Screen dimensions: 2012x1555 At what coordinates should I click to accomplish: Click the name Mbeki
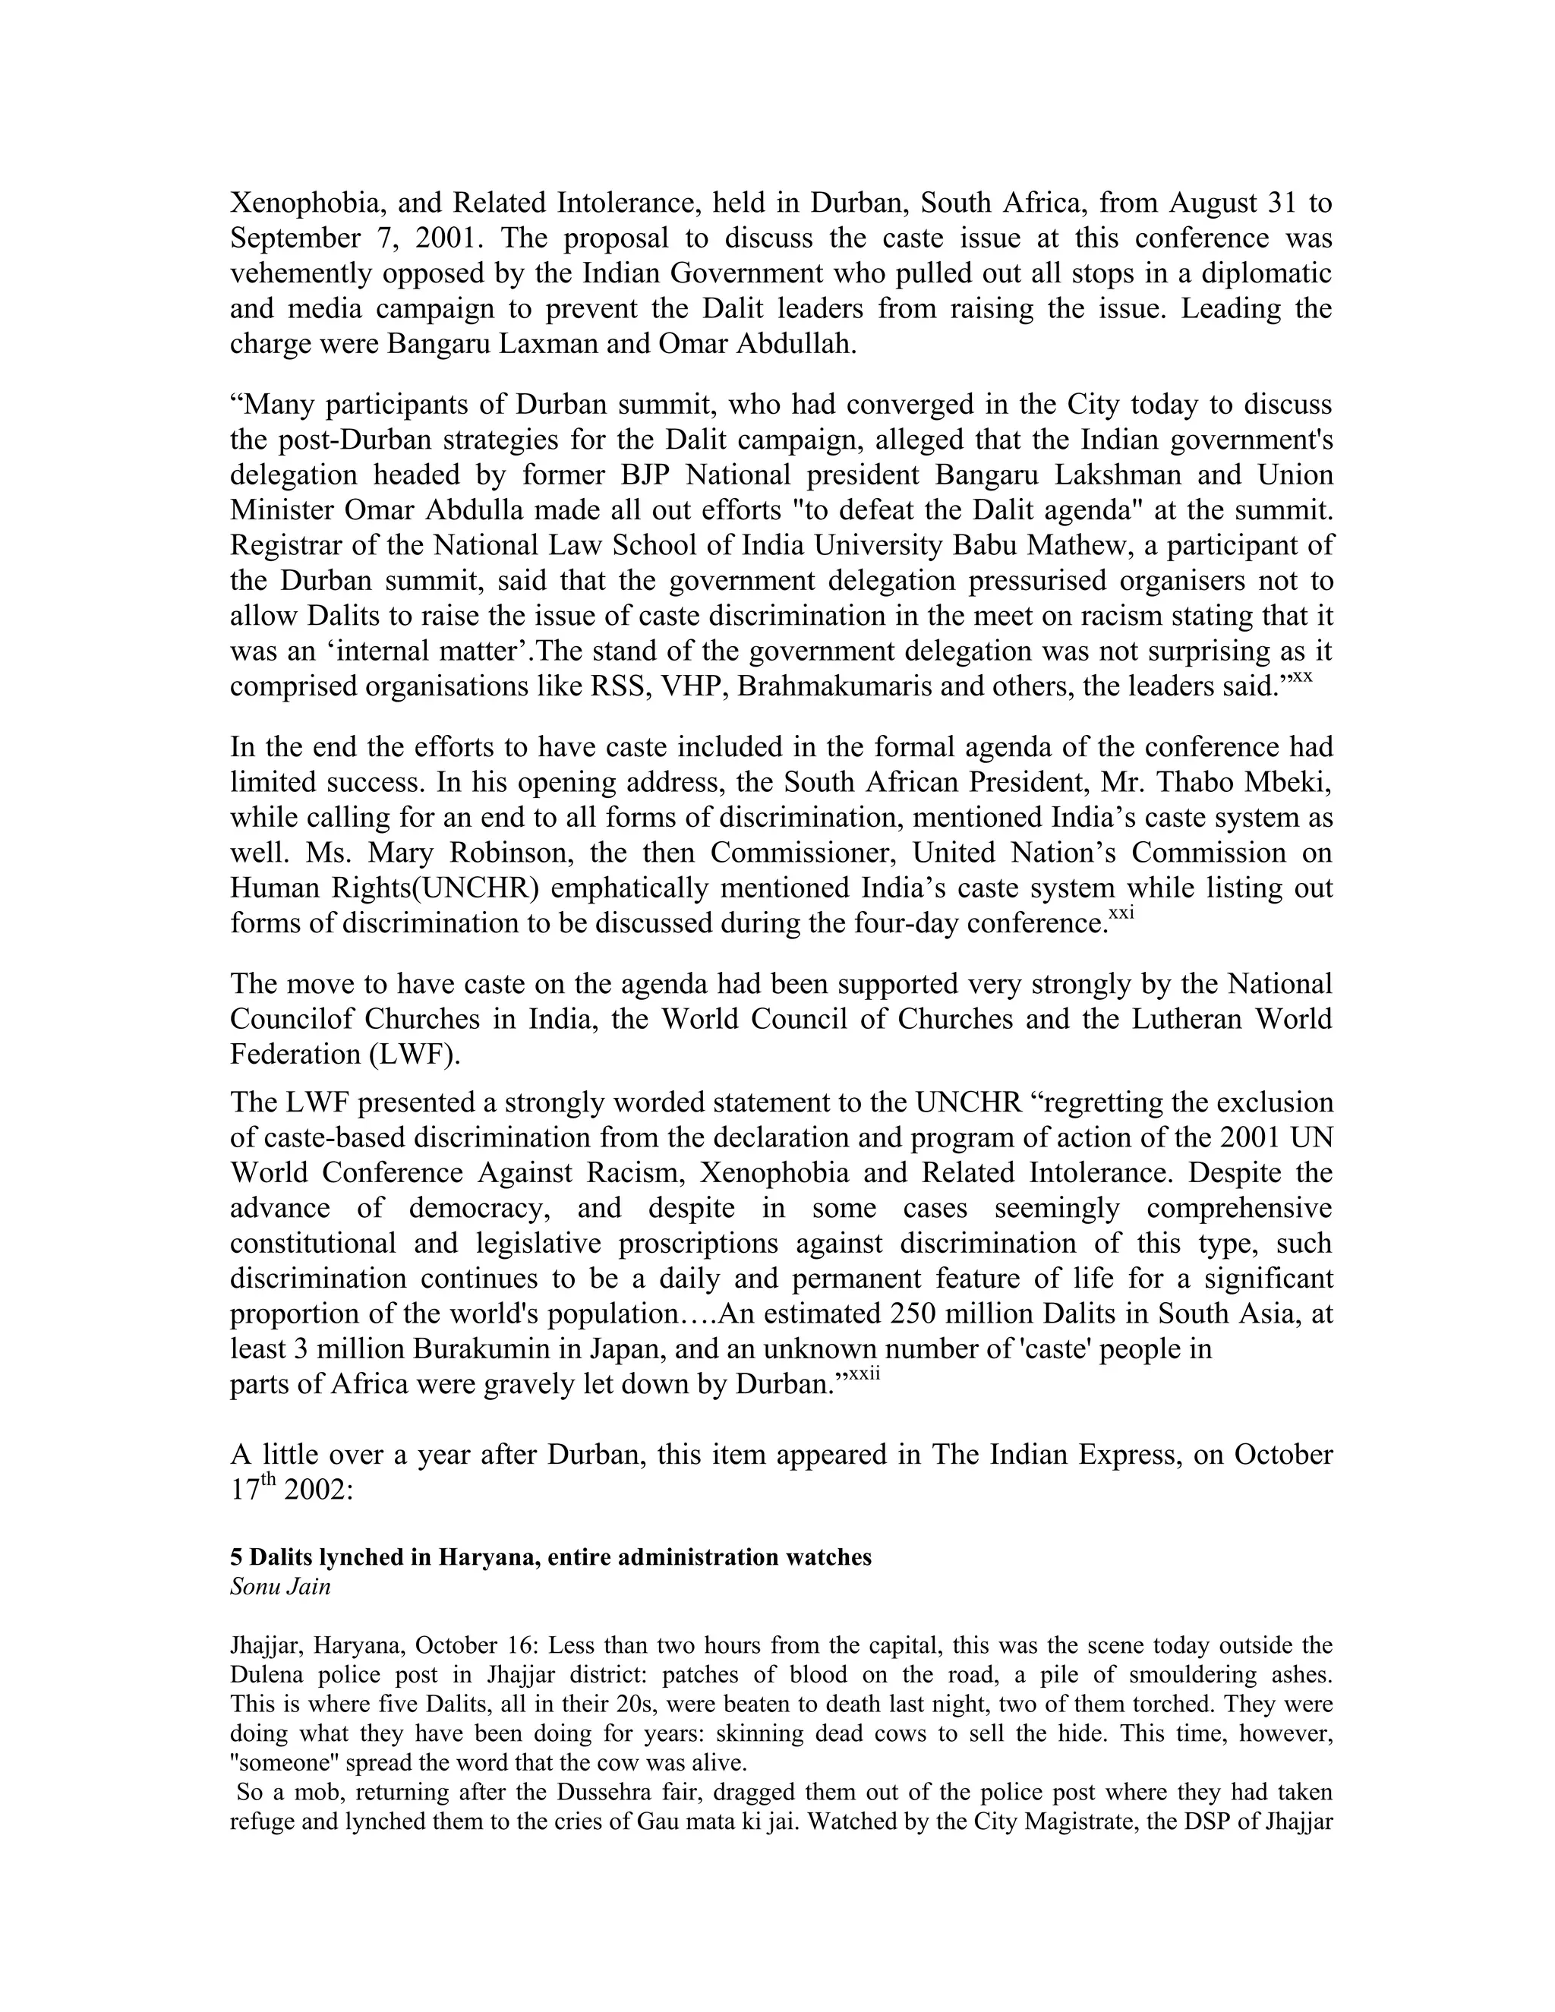pyautogui.click(x=1288, y=782)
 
